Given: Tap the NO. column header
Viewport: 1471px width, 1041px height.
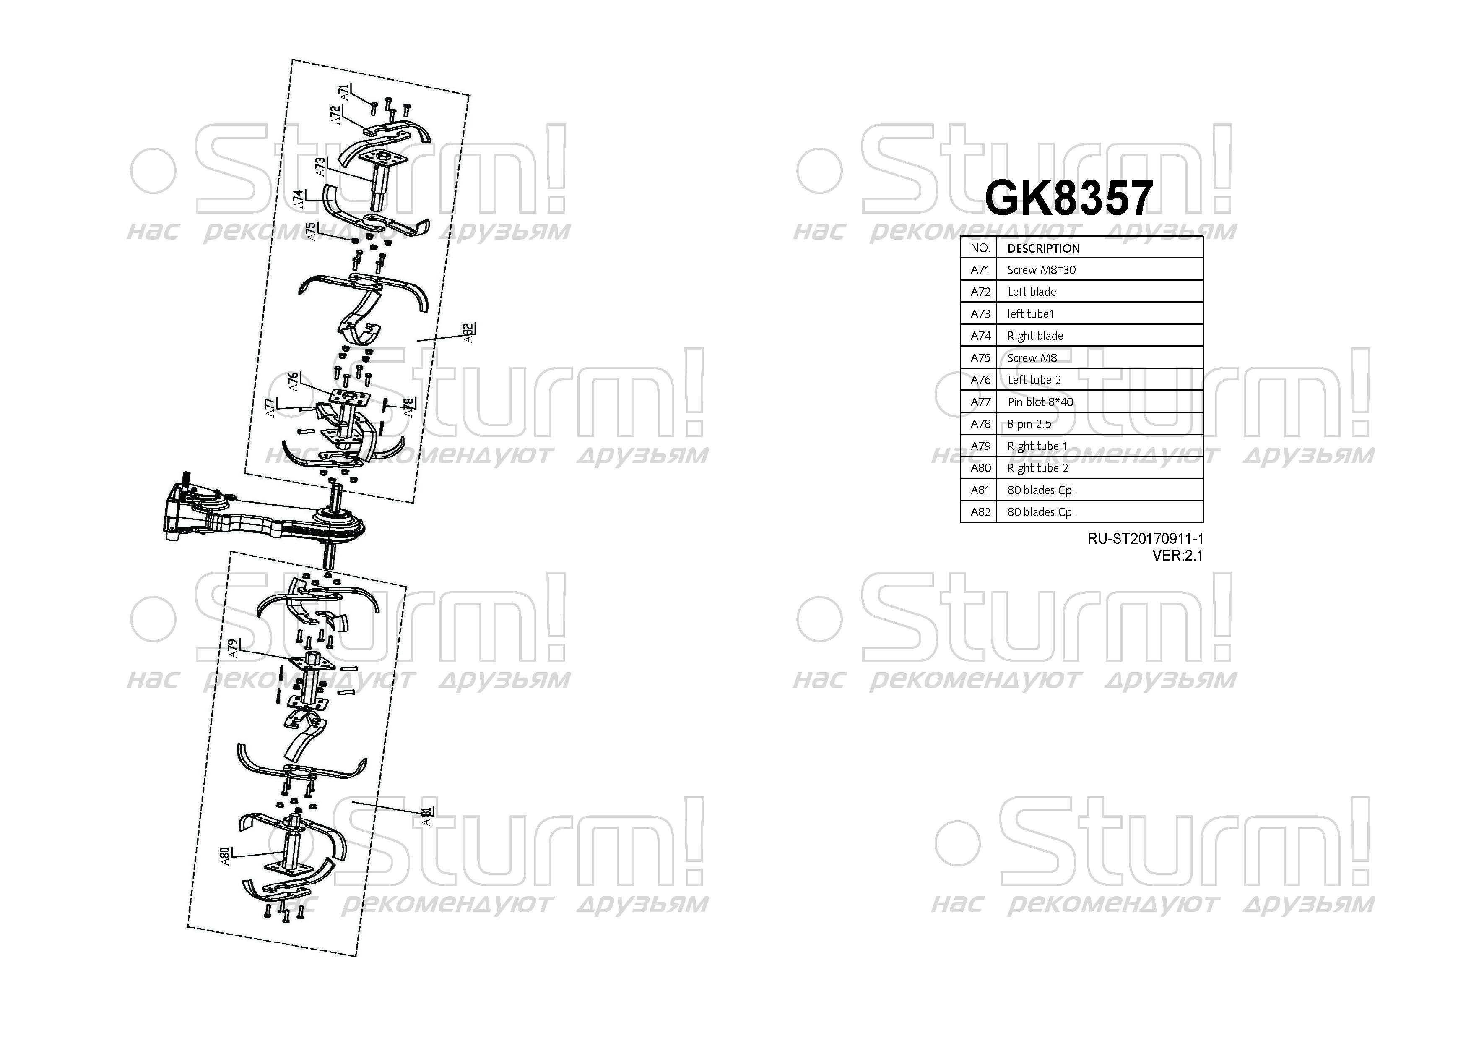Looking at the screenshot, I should tap(980, 248).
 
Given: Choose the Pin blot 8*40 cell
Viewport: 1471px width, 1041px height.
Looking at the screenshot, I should tap(1040, 402).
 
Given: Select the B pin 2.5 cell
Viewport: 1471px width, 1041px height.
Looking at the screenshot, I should tap(1029, 424).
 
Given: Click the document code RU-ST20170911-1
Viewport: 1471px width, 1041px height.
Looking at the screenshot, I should tap(1145, 539).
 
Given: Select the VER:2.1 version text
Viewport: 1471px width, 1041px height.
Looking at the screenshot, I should tap(1177, 556).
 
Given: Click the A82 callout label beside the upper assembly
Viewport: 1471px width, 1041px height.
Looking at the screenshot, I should tap(469, 333).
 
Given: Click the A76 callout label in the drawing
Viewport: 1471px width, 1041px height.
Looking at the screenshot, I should tap(294, 382).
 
